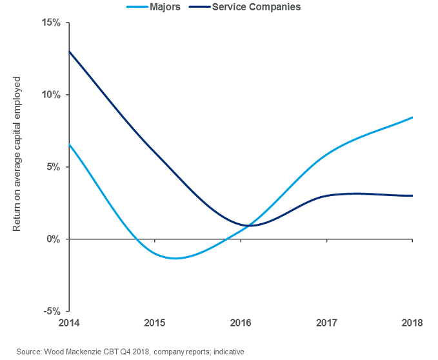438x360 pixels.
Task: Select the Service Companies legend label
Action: click(255, 7)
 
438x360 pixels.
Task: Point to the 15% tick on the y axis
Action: click(51, 23)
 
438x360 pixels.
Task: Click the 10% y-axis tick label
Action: click(51, 95)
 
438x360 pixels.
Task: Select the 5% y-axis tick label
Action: click(54, 167)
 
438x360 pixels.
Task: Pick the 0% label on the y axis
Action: click(54, 239)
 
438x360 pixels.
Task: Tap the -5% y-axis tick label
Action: click(52, 311)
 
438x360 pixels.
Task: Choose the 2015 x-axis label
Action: click(154, 323)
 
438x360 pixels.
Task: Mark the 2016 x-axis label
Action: click(241, 323)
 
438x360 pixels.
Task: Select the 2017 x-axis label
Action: click(326, 323)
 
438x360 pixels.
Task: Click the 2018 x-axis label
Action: click(412, 323)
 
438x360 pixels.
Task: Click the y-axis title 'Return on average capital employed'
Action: click(17, 154)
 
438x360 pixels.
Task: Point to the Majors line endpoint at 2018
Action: click(412, 117)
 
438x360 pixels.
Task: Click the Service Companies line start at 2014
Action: click(69, 51)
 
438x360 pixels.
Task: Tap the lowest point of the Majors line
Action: click(175, 258)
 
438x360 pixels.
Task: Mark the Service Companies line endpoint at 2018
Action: click(412, 195)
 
